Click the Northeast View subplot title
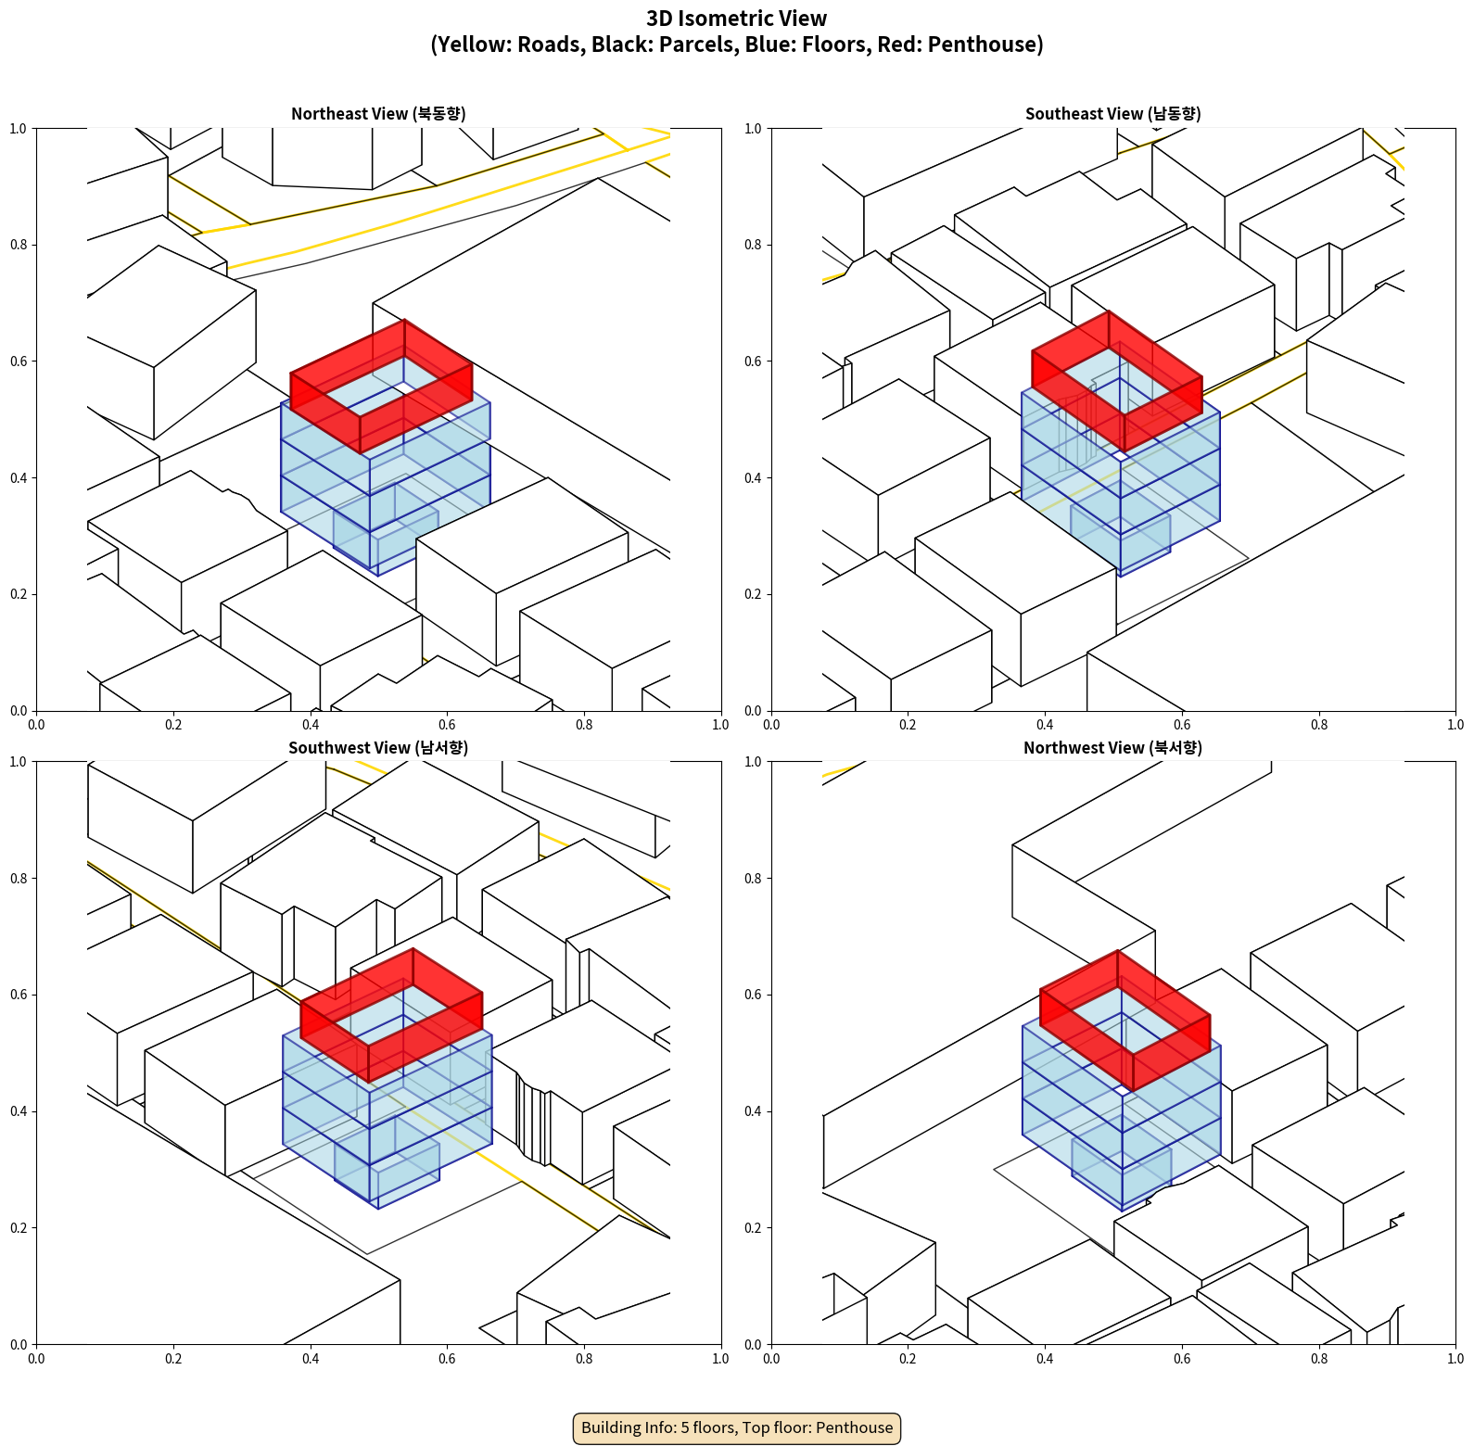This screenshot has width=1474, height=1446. (378, 114)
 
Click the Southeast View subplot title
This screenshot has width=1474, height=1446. (1112, 114)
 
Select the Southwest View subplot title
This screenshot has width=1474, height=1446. (378, 748)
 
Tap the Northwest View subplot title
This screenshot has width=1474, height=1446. (1112, 748)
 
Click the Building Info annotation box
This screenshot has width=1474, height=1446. (737, 1427)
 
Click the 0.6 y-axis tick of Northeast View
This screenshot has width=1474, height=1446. (19, 361)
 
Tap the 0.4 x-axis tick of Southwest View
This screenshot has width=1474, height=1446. (311, 1359)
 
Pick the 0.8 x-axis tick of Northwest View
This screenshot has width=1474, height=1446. (1319, 1359)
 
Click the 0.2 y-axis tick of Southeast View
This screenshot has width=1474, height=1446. (754, 594)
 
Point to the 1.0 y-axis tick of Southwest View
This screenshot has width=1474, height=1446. (19, 762)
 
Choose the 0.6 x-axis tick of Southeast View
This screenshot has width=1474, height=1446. (1182, 725)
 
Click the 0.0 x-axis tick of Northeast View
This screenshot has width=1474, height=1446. (36, 725)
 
